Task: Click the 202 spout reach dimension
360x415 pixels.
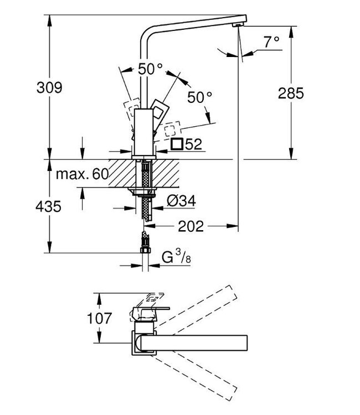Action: coord(192,226)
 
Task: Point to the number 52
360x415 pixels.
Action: coord(193,145)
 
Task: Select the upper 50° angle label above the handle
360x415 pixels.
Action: coord(150,69)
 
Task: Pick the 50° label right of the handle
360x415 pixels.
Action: coord(199,97)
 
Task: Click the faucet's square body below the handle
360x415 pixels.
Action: coord(143,133)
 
